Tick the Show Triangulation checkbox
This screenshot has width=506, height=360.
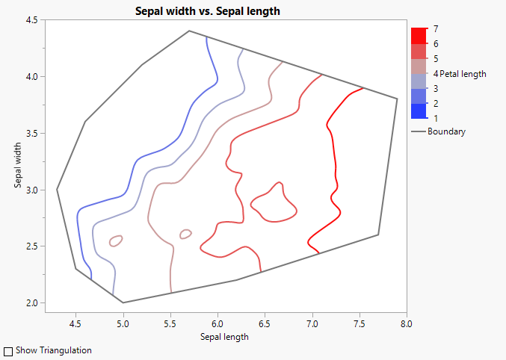point(8,350)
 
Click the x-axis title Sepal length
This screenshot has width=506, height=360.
point(225,336)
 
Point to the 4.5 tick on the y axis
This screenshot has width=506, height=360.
point(33,20)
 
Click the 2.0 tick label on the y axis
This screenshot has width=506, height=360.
point(33,302)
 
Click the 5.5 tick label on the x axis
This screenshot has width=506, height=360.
point(170,324)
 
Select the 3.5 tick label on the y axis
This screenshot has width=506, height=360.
point(33,133)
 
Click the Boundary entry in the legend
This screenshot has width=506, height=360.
point(446,132)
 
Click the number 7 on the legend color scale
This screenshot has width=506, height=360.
point(436,28)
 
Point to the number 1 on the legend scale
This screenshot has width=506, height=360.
point(436,119)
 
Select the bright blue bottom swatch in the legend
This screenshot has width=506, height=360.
point(419,111)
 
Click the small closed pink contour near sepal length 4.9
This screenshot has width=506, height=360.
point(116,240)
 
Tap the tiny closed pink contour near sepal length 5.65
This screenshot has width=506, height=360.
point(185,234)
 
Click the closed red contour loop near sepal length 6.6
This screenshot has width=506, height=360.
point(274,203)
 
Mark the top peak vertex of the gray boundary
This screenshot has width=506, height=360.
point(189,31)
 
